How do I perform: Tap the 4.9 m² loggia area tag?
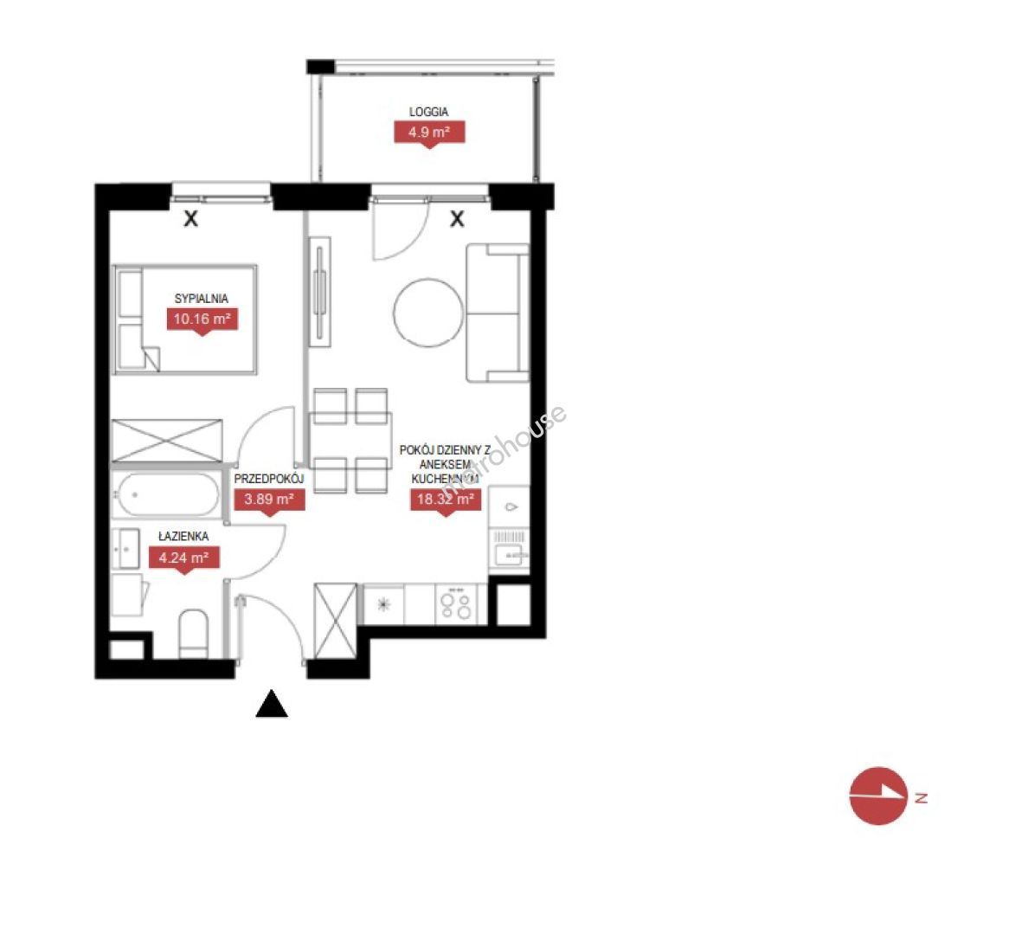coord(429,134)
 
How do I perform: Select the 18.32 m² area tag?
coord(446,500)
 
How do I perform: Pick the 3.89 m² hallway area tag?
coord(268,500)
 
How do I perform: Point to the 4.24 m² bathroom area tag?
coord(183,558)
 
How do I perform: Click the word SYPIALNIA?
coord(202,299)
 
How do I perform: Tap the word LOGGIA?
coord(428,112)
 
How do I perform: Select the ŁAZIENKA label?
coord(183,536)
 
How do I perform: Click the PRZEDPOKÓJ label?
coord(268,479)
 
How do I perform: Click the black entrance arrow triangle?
coord(272,705)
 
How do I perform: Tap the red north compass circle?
coord(878,796)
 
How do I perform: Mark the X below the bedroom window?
coord(190,219)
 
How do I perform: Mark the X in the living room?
coord(457,219)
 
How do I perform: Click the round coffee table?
coord(428,312)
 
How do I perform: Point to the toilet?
coord(194,633)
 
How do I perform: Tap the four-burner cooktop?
coord(456,604)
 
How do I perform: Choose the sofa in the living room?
coord(498,313)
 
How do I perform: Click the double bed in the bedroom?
coord(185,319)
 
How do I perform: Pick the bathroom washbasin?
coord(125,549)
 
